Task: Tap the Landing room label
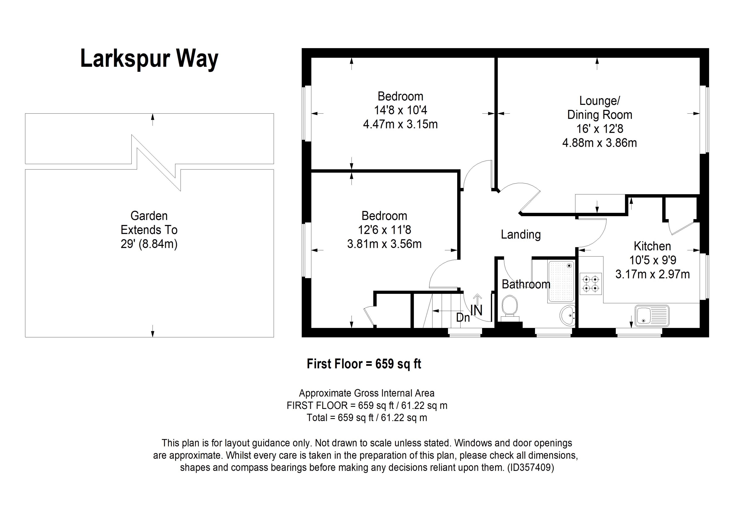click(x=521, y=235)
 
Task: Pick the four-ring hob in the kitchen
click(x=591, y=284)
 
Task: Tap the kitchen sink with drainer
click(x=652, y=316)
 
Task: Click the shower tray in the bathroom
click(x=561, y=281)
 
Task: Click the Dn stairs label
click(x=463, y=317)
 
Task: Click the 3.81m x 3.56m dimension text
click(x=384, y=244)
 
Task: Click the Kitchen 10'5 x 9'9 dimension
click(x=652, y=260)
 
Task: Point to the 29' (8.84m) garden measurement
click(x=149, y=244)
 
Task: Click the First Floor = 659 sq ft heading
click(x=364, y=364)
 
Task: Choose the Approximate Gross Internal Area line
click(x=366, y=393)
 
